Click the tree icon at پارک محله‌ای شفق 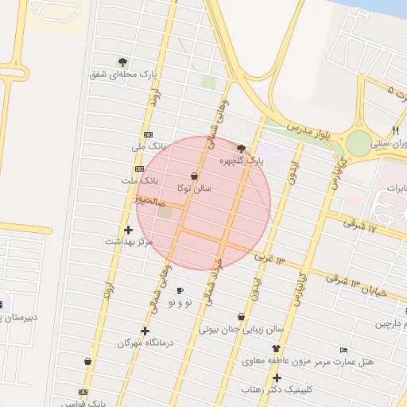click(122, 62)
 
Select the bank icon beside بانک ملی click(147, 134)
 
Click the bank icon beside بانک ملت click(139, 169)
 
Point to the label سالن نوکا click(194, 188)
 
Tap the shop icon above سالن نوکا click(195, 176)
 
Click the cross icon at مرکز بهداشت click(127, 230)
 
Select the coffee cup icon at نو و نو click(180, 290)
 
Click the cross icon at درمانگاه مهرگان click(145, 331)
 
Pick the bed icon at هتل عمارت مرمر click(343, 350)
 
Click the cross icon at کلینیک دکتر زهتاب click(277, 378)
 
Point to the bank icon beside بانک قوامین click(83, 392)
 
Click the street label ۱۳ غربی click(269, 258)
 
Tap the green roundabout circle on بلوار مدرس click(359, 143)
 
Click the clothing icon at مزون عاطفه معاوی click(276, 348)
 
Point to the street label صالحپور click(149, 203)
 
